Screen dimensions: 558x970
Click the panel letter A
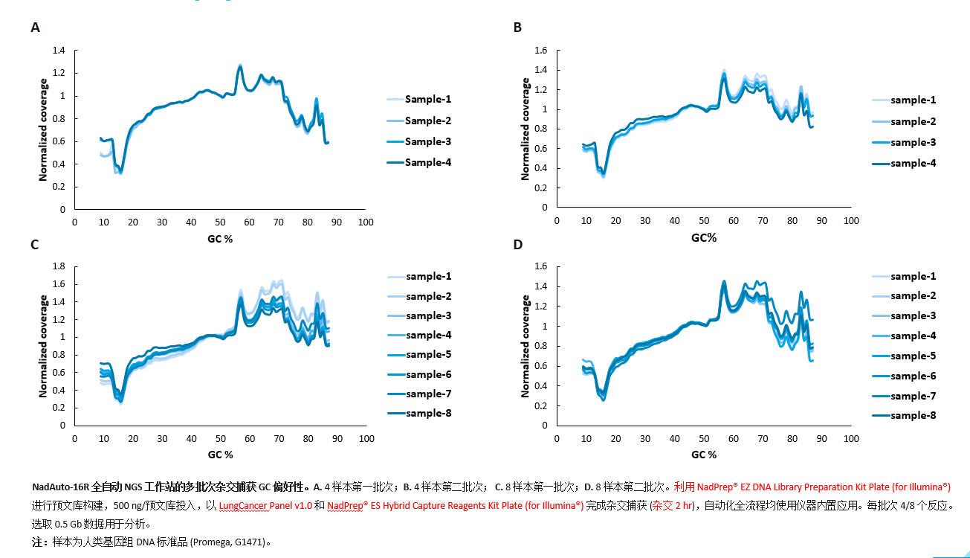[35, 28]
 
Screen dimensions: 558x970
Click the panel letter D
[518, 244]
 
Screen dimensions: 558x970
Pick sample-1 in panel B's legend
[914, 100]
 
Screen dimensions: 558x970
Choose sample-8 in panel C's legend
[429, 413]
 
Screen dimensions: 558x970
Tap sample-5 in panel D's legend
[914, 356]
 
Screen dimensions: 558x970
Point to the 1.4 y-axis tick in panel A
[59, 51]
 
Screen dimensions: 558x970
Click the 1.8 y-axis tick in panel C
[59, 266]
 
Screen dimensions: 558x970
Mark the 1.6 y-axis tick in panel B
[541, 51]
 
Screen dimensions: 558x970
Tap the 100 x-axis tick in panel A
[366, 222]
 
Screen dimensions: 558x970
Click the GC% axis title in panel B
[703, 238]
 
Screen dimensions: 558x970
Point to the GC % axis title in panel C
[220, 454]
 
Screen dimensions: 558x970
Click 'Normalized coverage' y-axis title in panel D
[526, 346]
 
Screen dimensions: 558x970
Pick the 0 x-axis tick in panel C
[74, 439]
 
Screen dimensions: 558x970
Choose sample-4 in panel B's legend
[914, 163]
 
